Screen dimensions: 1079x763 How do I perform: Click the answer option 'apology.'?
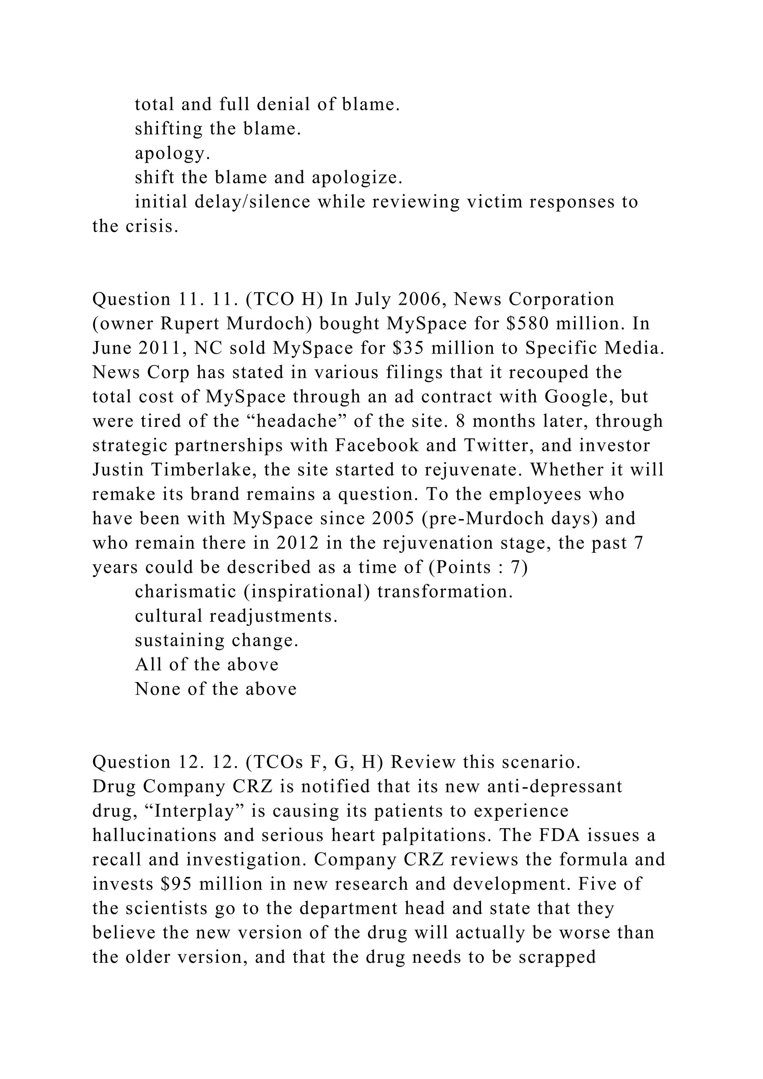(x=172, y=153)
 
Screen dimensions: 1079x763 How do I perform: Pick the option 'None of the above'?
(x=216, y=689)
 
